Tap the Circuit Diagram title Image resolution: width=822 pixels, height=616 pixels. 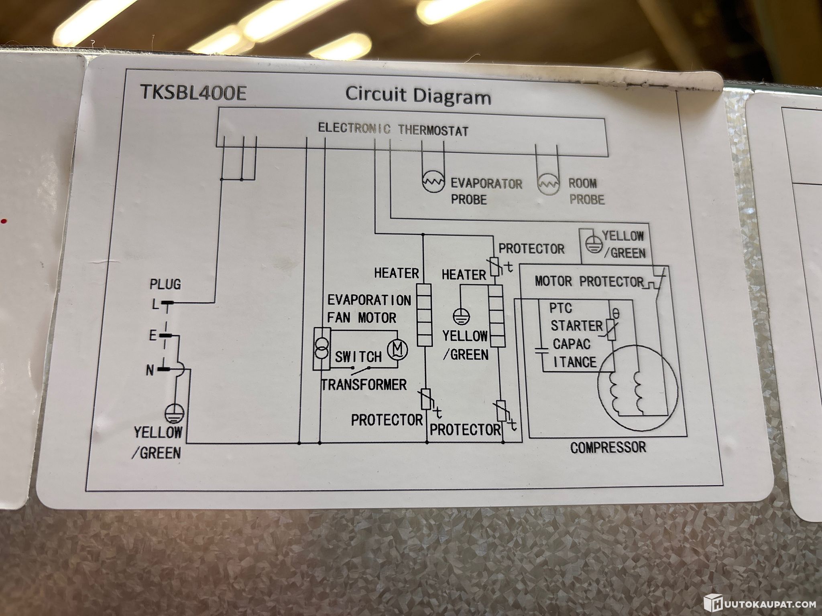418,96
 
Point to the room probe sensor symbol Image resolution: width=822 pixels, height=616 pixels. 547,184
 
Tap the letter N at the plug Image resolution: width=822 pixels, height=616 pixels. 150,371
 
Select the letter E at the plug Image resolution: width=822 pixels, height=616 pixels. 153,336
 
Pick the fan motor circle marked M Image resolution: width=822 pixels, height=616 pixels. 397,350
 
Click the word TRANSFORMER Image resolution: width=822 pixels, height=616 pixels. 364,385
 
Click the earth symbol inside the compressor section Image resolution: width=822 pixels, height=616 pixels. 589,244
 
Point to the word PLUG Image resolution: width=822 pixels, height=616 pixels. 165,285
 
